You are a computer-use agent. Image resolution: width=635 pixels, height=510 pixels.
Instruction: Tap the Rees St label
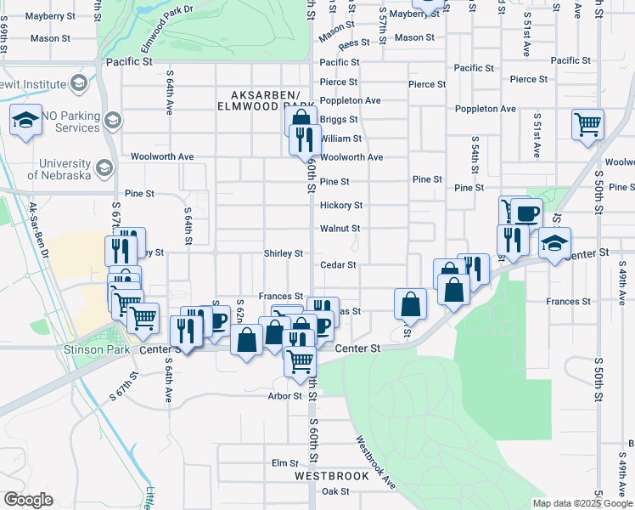point(353,42)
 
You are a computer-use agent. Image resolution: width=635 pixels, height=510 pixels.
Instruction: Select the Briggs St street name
point(339,120)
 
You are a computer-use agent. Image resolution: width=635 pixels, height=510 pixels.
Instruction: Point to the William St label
point(341,139)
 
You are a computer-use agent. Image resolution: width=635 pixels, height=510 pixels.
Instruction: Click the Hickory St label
point(341,206)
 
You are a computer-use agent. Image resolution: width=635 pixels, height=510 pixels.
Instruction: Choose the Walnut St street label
point(340,229)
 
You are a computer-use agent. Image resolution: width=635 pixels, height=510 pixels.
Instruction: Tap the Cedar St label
point(337,265)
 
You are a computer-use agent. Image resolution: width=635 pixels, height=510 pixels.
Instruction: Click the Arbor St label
point(284,396)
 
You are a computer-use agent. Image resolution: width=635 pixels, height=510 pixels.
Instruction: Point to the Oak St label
point(335,491)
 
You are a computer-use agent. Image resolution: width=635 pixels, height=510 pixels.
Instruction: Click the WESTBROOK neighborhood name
point(332,476)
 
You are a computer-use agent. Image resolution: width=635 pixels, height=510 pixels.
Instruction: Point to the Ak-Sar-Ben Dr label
point(39,231)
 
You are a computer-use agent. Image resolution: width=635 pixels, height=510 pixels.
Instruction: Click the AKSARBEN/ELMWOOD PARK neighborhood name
point(267,100)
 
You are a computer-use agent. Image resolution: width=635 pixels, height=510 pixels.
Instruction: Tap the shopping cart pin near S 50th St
point(587,124)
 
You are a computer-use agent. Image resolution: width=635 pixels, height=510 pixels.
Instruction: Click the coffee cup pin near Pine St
point(526,212)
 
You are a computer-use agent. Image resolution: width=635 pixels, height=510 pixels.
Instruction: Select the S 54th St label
point(475,156)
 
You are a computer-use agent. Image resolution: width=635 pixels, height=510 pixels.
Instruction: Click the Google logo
point(28,500)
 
